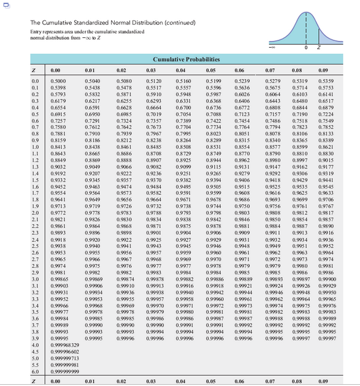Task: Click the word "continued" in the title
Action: [x=159, y=23]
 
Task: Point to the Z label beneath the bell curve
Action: [x=316, y=47]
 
